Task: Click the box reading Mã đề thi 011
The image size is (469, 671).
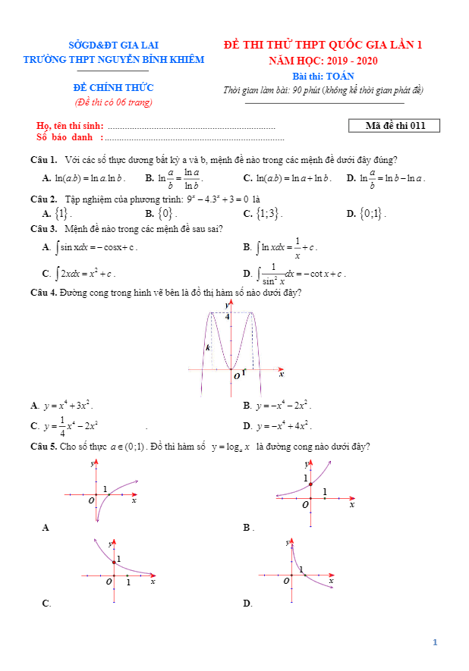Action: click(x=395, y=126)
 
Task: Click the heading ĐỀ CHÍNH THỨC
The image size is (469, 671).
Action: click(x=113, y=88)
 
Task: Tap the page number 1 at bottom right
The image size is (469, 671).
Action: click(x=435, y=642)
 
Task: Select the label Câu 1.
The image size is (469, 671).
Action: click(x=43, y=160)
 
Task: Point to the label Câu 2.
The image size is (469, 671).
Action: click(x=43, y=198)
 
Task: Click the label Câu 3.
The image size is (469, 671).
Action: click(x=43, y=228)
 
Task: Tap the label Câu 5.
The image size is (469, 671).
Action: click(x=43, y=447)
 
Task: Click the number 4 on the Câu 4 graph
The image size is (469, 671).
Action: click(x=226, y=316)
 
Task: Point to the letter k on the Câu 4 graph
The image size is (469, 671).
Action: click(x=208, y=348)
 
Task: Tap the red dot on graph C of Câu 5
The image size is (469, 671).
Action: click(x=114, y=562)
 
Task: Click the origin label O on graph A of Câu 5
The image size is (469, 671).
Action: click(x=91, y=500)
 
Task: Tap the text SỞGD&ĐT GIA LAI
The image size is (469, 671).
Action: click(x=113, y=45)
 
